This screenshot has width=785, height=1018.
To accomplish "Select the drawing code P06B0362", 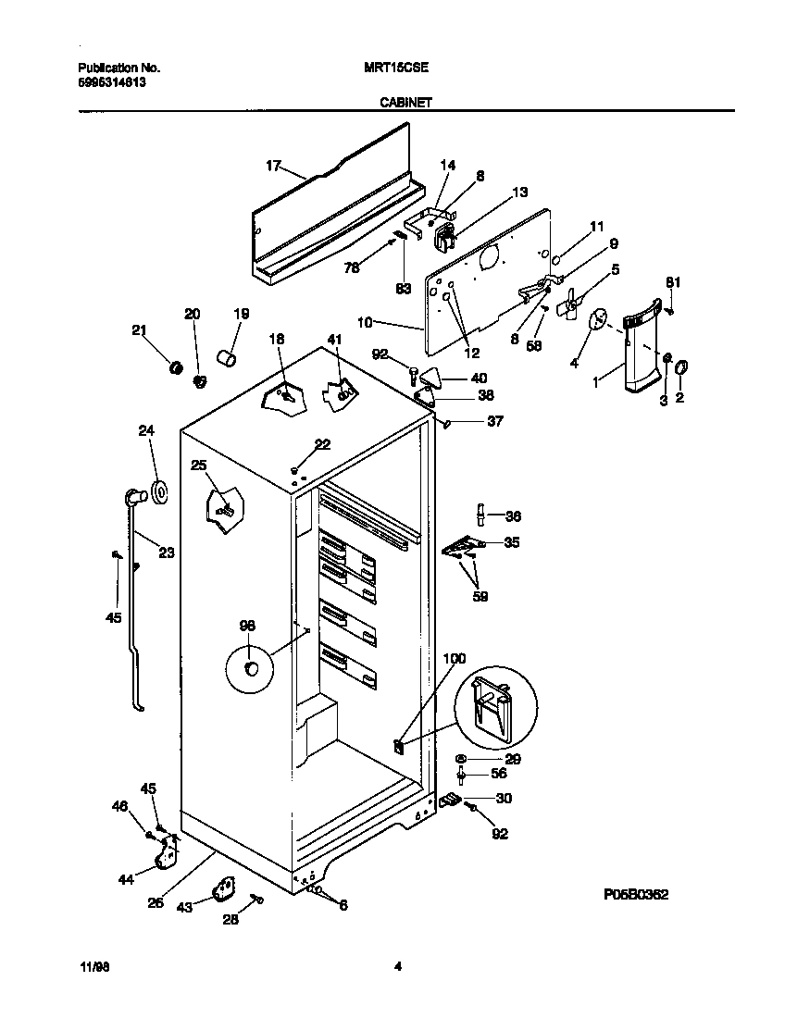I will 635,895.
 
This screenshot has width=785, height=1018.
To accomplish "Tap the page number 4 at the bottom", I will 397,968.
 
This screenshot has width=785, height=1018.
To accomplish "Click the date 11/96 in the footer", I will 90,968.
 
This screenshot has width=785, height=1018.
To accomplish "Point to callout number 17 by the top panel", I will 273,166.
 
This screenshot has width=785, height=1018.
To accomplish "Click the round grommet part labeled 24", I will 159,493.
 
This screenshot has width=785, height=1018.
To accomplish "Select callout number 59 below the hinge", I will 480,596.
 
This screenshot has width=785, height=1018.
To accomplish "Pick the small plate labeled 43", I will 223,891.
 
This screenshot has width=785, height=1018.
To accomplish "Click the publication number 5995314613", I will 110,81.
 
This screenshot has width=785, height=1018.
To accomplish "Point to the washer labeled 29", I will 461,759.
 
